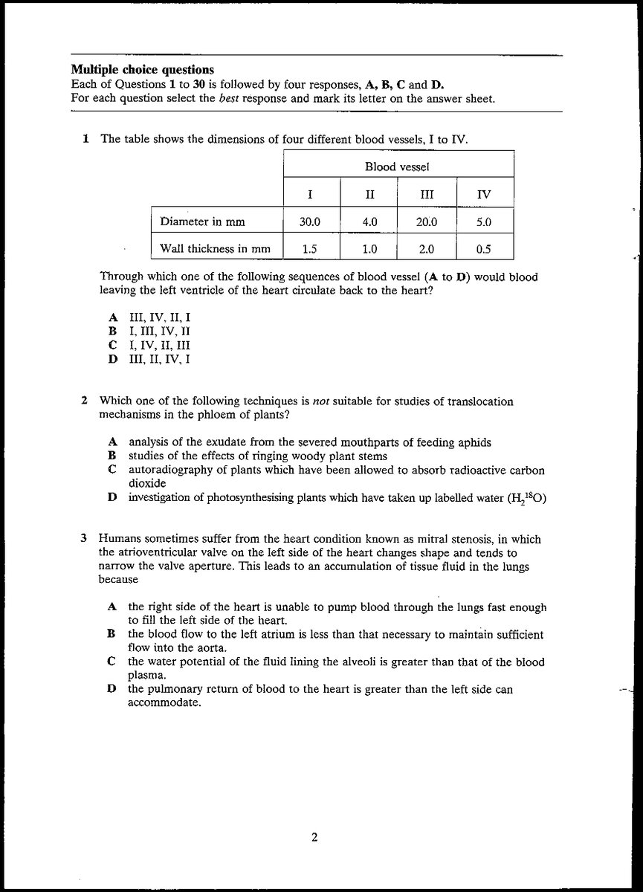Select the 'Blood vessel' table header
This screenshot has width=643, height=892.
click(397, 167)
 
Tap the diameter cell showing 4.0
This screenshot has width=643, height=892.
click(369, 222)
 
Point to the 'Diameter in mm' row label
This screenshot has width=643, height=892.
click(203, 222)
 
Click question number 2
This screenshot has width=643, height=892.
click(85, 401)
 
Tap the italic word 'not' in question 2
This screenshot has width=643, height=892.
click(320, 401)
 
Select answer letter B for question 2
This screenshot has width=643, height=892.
click(112, 456)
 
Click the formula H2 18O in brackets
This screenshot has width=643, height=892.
click(527, 498)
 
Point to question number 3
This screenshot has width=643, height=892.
click(85, 539)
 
